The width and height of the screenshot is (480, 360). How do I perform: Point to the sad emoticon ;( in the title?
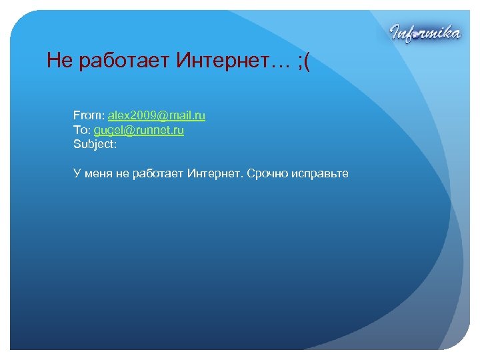[304, 62]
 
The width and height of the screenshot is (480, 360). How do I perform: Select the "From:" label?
[89, 116]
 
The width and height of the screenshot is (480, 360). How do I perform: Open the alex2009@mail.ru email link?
[157, 116]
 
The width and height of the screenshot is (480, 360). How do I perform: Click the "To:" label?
[82, 131]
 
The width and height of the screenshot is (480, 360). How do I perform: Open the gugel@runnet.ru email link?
[139, 131]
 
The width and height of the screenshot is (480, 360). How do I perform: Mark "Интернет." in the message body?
[215, 174]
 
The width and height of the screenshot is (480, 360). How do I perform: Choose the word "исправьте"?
[320, 174]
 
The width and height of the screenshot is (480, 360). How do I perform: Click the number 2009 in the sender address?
[141, 116]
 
